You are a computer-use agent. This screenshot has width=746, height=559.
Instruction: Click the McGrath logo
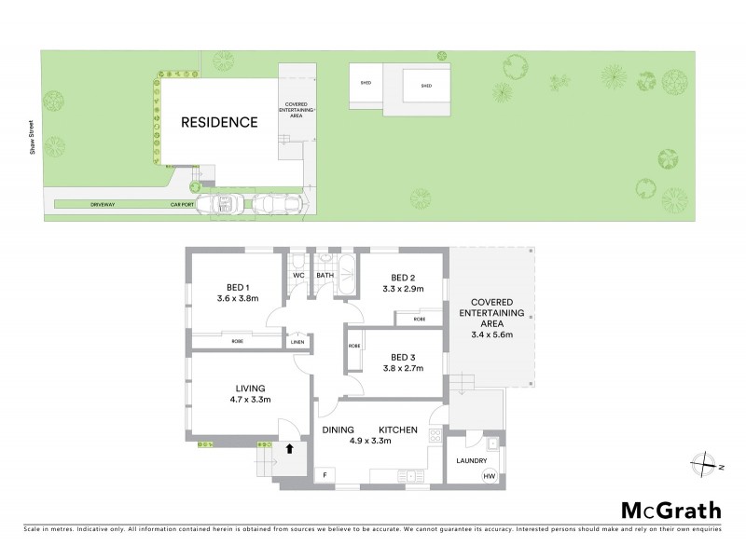click(x=670, y=510)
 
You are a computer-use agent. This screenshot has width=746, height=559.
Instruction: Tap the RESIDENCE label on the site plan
click(x=219, y=122)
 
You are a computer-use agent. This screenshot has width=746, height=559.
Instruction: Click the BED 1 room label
click(x=237, y=286)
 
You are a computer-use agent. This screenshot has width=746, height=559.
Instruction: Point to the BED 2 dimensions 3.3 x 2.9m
click(x=403, y=290)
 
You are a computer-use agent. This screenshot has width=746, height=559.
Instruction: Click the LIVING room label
click(x=250, y=389)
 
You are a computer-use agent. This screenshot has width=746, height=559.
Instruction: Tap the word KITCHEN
click(x=397, y=429)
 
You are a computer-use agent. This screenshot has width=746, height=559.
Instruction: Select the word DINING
click(x=338, y=429)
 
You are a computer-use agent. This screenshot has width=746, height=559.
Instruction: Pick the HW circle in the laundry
click(x=489, y=476)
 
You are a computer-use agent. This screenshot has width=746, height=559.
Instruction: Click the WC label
click(x=298, y=276)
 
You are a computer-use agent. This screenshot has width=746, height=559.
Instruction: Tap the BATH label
click(x=325, y=276)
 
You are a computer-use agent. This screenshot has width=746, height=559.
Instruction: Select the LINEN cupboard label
click(x=297, y=341)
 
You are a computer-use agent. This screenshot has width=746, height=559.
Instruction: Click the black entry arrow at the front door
click(x=290, y=448)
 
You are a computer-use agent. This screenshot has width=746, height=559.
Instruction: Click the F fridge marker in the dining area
click(x=325, y=476)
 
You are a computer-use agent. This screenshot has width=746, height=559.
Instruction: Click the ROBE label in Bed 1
click(x=238, y=342)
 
